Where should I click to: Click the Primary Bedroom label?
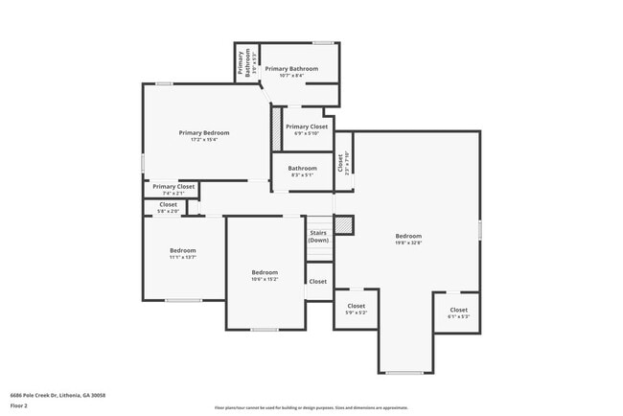coord(204,132)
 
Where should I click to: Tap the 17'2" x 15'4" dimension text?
coord(204,140)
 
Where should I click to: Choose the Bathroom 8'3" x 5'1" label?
coord(302,171)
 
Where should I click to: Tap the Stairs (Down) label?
coord(319,236)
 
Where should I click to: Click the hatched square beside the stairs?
coord(344,224)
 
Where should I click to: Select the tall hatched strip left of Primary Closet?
coord(277,128)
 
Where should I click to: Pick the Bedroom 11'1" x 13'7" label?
coord(182,253)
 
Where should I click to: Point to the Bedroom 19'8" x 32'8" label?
coord(408,240)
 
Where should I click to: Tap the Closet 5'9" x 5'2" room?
coord(356,310)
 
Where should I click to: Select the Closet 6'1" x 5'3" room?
coord(458,312)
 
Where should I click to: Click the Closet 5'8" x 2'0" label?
coord(168,207)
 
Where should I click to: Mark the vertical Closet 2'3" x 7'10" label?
coord(344,162)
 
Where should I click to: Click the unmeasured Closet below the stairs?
coord(318,282)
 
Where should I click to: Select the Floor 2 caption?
coord(20,405)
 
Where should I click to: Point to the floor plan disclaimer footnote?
coord(311,407)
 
